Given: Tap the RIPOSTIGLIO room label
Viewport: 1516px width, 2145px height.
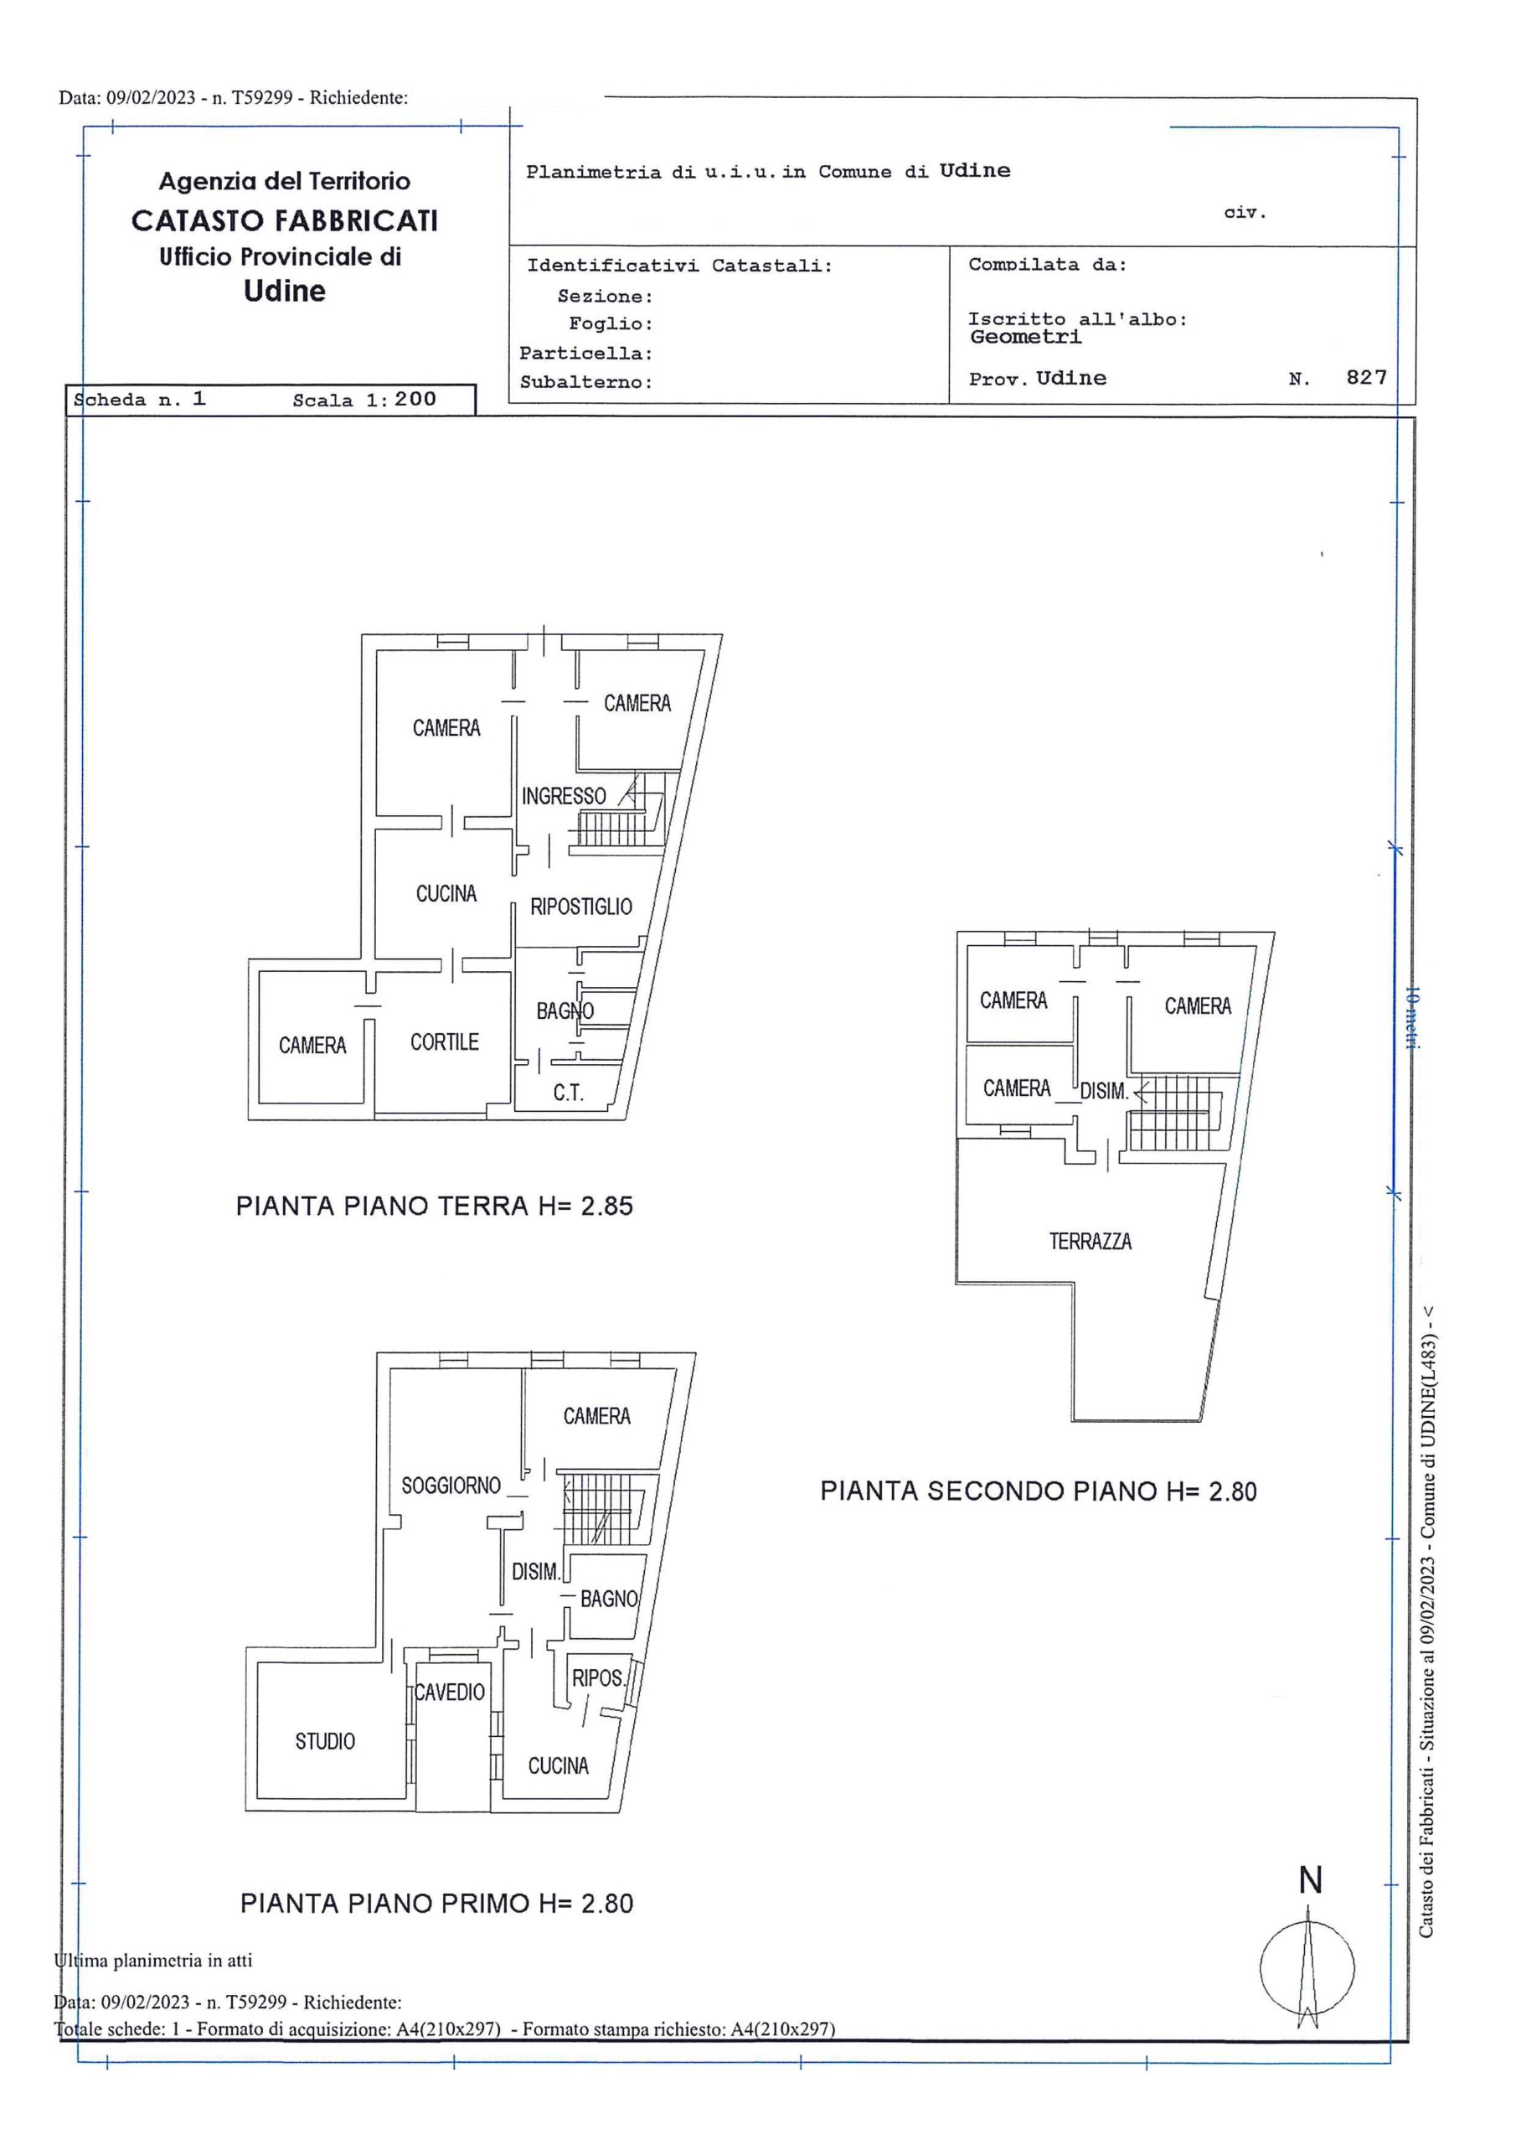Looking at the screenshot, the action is tap(581, 907).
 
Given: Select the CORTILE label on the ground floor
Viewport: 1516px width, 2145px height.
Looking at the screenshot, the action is tap(445, 1041).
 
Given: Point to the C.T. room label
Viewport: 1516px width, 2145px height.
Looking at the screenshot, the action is tap(568, 1092).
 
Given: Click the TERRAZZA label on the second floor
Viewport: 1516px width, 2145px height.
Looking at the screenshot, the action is tap(1090, 1242).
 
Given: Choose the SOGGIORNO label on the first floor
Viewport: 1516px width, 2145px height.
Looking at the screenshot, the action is tap(451, 1486).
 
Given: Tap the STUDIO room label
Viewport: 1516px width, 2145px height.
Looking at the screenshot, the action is tap(325, 1741).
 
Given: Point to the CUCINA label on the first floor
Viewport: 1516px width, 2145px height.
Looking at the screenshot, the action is tap(559, 1765).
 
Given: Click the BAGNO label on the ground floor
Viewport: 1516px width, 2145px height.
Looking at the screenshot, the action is tap(565, 1010).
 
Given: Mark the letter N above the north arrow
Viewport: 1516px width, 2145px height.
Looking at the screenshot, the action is tap(1311, 1880).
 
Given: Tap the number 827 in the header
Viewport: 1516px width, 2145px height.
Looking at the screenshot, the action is tap(1367, 376).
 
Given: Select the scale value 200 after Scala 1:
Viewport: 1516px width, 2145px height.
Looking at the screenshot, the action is tap(415, 399).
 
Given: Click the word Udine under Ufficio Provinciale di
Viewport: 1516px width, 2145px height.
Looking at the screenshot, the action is tap(285, 292).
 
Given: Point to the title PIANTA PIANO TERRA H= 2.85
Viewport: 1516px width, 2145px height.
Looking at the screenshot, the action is tap(435, 1206).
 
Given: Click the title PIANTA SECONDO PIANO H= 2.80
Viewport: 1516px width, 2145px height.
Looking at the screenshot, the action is tap(1039, 1491).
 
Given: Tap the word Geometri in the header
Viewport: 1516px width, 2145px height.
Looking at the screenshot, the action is tap(1026, 338).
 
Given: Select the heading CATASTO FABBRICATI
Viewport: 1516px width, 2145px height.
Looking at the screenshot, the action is tap(285, 220).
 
